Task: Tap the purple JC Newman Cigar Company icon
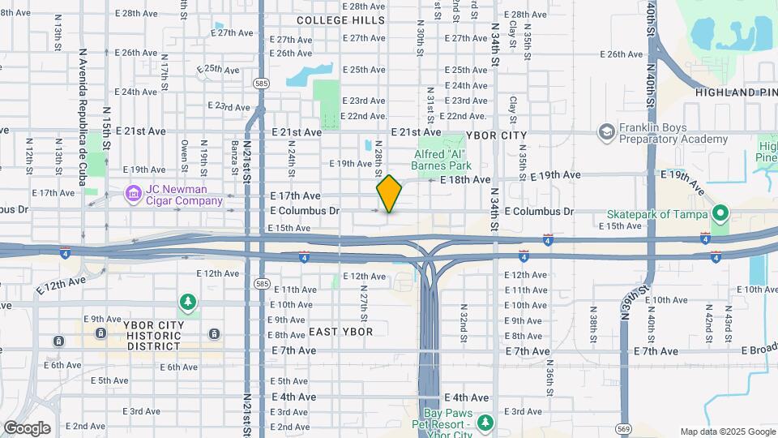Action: coord(132,195)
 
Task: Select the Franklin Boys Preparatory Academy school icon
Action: coord(605,131)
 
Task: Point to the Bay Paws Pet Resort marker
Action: coord(485,423)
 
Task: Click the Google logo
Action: coord(27,427)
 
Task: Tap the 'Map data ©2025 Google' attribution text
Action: coord(727,432)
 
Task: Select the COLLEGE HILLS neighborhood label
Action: coord(340,19)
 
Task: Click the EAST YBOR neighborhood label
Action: coord(340,332)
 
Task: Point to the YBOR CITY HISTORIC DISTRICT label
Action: coord(154,335)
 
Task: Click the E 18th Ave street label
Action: coord(465,179)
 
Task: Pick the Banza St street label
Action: coord(234,152)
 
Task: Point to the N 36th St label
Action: coord(549,374)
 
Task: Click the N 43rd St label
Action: coord(729,318)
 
